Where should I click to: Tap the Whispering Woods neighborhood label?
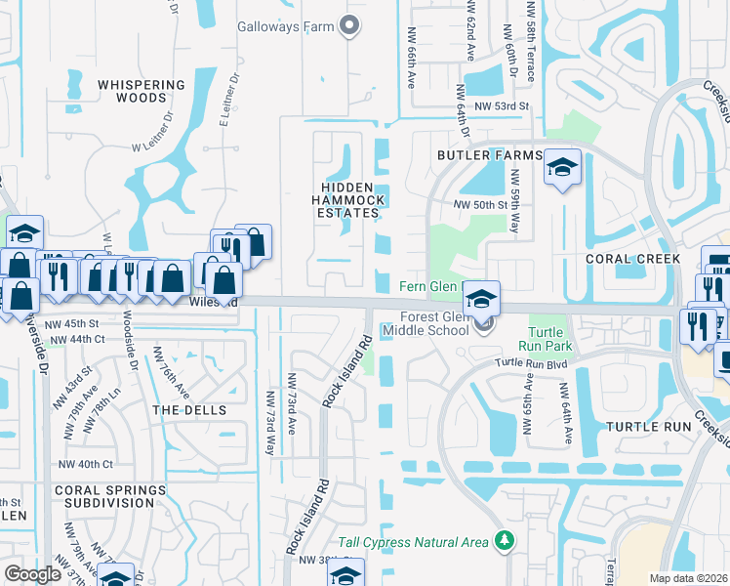[142, 92]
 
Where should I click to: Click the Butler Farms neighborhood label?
[488, 156]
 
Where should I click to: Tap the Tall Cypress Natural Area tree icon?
[505, 540]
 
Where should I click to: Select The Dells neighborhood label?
[189, 411]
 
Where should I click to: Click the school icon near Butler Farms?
[562, 168]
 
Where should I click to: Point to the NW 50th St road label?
[481, 205]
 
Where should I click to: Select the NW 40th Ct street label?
[86, 464]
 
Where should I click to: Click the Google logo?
[33, 573]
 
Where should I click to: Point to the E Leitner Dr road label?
[228, 103]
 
